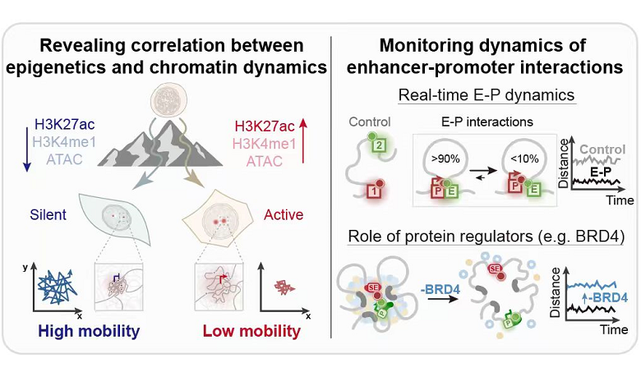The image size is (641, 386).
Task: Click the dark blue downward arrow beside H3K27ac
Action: click(24, 145)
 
